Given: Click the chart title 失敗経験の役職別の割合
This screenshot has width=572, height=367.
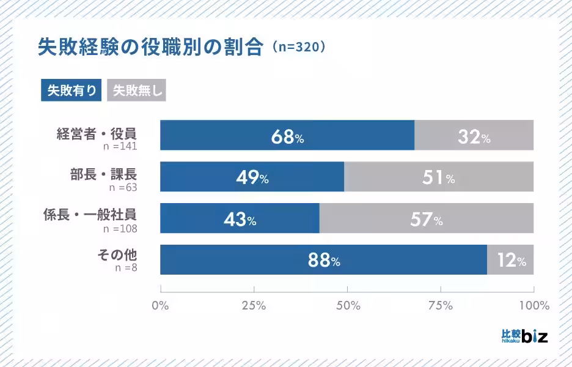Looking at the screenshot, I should [x=150, y=47].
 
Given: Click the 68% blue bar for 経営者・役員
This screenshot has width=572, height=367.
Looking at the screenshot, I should [x=287, y=135].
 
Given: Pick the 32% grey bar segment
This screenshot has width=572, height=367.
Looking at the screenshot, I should [x=474, y=135].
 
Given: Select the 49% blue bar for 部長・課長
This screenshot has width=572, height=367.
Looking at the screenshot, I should [x=252, y=177].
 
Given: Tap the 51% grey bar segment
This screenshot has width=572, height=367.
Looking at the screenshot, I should [x=439, y=177].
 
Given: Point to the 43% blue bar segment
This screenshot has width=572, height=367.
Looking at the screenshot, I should [x=240, y=218].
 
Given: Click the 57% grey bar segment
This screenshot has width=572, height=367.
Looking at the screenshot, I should [x=427, y=218].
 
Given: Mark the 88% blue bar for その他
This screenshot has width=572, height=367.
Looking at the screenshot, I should [x=323, y=260].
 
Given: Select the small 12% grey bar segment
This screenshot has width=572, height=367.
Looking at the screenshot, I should [x=510, y=260].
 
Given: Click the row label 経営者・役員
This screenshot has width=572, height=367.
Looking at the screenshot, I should [x=97, y=133].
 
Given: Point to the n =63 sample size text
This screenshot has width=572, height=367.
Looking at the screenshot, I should [x=120, y=187].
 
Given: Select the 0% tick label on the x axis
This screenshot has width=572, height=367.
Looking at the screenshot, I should [x=160, y=305].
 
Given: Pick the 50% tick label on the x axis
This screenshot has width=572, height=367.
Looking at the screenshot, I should [x=347, y=305].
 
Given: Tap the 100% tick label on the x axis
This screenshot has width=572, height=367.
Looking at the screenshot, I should [x=533, y=305].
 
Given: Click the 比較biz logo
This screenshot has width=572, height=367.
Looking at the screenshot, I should [x=524, y=335].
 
